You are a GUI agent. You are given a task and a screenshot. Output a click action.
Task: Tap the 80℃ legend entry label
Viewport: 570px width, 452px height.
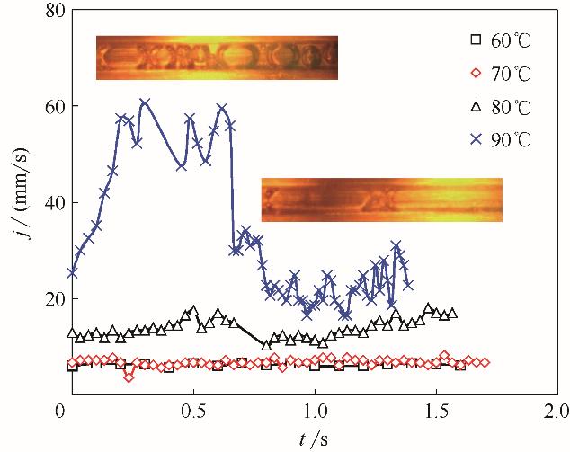512,107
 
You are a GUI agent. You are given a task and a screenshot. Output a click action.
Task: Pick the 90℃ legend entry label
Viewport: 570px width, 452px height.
512,140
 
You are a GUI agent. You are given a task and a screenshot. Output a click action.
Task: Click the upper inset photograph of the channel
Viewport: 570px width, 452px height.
217,58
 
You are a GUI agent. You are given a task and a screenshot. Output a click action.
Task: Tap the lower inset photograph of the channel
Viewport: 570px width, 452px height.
381,199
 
